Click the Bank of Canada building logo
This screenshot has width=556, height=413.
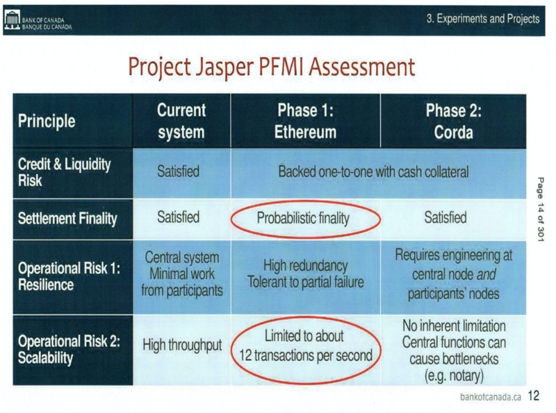click(12, 20)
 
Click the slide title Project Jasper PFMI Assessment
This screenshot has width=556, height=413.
click(271, 67)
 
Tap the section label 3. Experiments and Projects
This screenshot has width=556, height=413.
click(483, 19)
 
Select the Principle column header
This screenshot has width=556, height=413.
click(47, 121)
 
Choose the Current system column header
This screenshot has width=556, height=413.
click(181, 121)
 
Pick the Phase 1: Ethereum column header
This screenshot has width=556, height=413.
click(305, 121)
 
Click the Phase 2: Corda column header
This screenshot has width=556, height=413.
click(454, 121)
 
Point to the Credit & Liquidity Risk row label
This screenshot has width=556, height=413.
click(64, 172)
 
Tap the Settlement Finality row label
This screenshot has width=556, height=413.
click(67, 219)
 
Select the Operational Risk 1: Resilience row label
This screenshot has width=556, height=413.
click(69, 276)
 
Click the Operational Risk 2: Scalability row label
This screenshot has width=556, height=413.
click(69, 349)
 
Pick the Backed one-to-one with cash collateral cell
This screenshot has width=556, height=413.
click(373, 172)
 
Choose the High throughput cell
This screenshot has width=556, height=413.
click(182, 345)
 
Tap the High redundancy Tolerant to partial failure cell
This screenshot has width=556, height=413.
click(306, 273)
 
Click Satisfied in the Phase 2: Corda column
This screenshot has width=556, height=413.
click(445, 217)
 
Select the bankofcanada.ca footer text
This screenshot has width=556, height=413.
click(491, 397)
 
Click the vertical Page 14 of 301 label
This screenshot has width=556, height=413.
click(541, 210)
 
